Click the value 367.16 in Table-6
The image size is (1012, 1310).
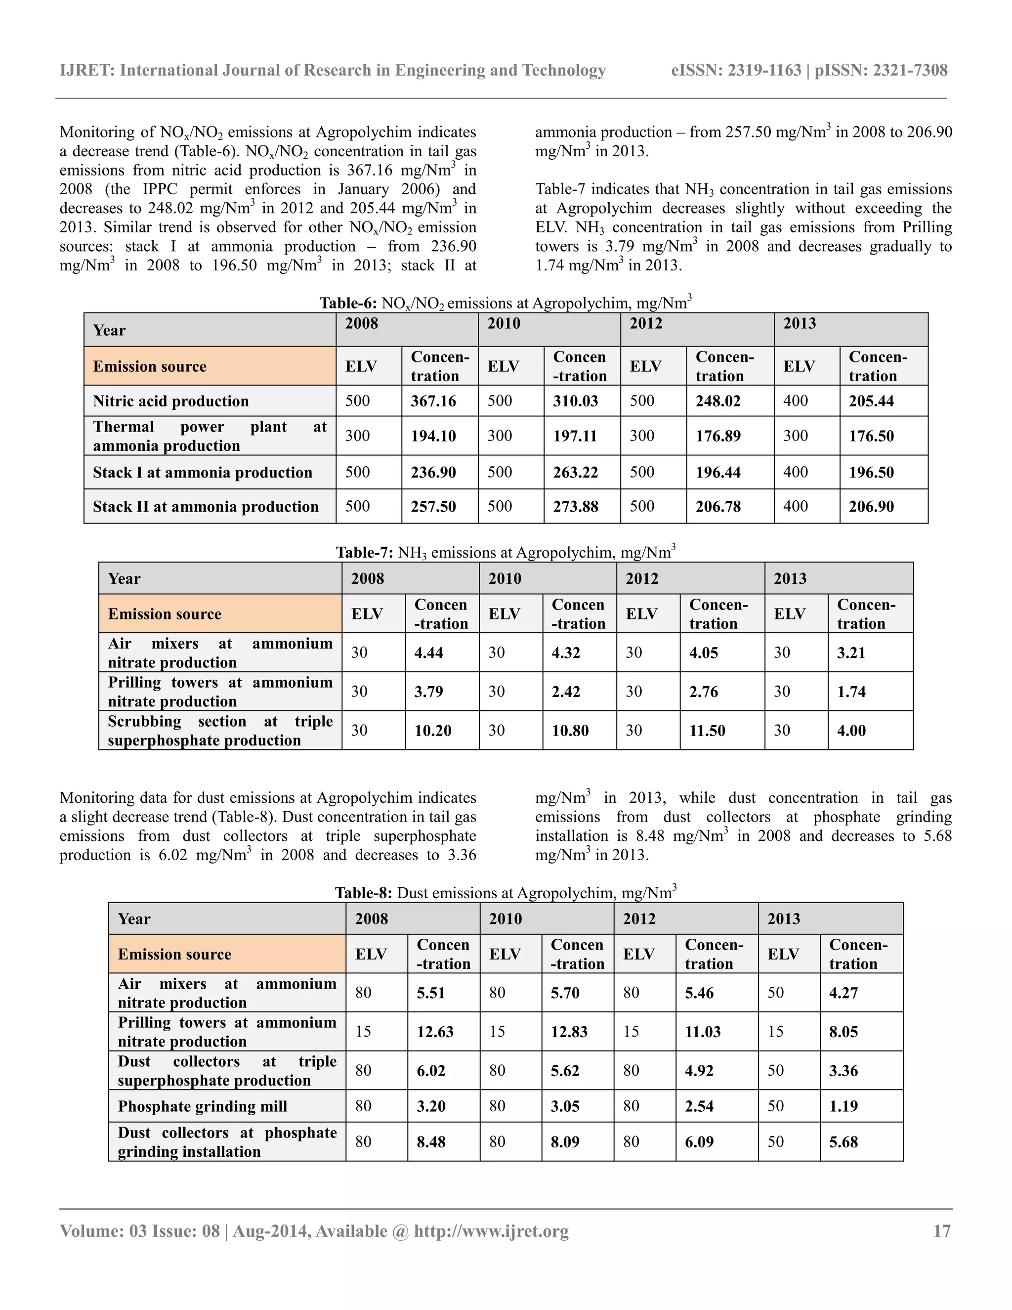click(x=433, y=401)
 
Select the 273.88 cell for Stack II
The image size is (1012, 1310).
click(x=575, y=506)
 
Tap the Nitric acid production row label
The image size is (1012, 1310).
click(x=170, y=401)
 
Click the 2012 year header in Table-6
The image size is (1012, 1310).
click(x=646, y=323)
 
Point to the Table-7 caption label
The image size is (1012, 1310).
click(x=364, y=553)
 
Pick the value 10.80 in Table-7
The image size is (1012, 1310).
click(x=570, y=731)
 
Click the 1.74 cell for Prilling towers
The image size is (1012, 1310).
click(x=851, y=692)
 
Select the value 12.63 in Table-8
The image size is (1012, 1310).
click(x=435, y=1032)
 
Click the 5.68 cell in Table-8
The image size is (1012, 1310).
click(x=843, y=1142)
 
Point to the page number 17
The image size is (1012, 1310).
click(x=942, y=1231)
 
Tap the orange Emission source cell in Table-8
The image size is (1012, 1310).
click(x=174, y=954)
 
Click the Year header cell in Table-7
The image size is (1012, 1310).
click(x=124, y=578)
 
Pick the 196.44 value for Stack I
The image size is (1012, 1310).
click(x=717, y=472)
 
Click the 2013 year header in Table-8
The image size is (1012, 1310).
click(x=784, y=918)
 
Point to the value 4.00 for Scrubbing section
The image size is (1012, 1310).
click(x=851, y=731)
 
